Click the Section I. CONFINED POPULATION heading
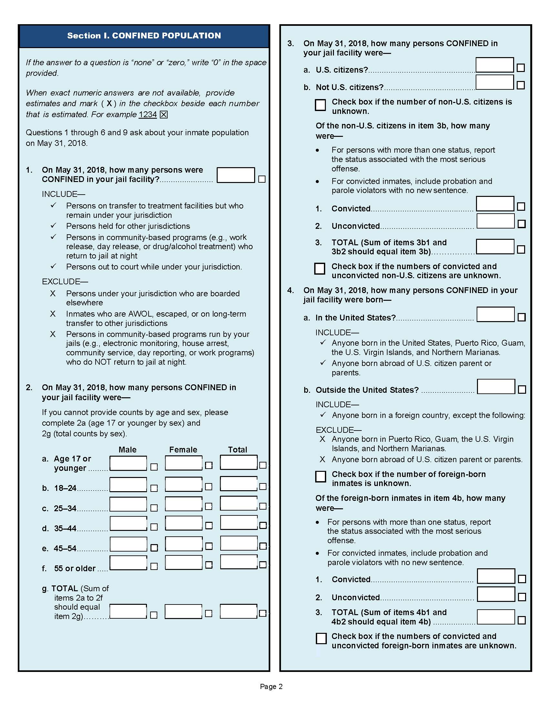point(144,35)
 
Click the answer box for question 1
point(235,175)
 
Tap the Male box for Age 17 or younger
point(128,463)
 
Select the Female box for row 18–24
point(183,484)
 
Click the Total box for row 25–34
point(238,503)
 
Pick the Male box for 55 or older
point(128,563)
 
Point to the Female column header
point(183,450)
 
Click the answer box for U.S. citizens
point(494,65)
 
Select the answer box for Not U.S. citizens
point(494,82)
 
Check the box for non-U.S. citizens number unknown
point(320,105)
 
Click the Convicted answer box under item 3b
point(495,204)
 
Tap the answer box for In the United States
point(495,314)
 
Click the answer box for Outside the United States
point(496,387)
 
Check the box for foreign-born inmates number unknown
point(321,476)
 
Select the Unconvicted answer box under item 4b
point(496,594)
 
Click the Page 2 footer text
point(271,686)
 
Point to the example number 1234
point(148,115)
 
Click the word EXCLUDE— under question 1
point(65,281)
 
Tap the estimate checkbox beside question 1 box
point(262,179)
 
